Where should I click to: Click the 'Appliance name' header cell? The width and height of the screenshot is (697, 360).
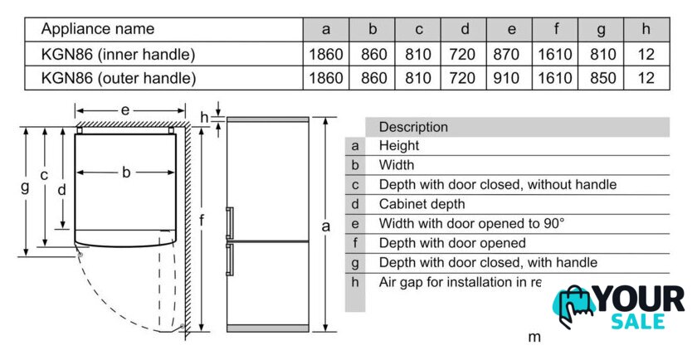98,29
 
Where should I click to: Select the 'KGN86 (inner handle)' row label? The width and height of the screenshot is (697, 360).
119,55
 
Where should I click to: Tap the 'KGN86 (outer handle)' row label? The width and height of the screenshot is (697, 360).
119,79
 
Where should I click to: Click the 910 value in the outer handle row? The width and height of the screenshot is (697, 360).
511,79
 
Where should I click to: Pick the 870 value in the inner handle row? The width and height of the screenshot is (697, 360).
511,55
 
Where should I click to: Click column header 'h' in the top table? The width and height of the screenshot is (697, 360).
646,29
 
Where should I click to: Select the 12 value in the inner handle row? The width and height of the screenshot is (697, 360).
647,55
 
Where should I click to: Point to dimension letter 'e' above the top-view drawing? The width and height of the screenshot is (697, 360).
124,109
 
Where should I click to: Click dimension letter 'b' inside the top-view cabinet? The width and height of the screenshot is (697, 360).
126,173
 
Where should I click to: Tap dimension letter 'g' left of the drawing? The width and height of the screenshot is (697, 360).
25,187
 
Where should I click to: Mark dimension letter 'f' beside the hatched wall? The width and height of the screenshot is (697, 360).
202,220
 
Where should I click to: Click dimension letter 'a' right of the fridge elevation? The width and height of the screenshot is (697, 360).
326,226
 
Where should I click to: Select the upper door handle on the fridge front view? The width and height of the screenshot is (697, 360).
230,224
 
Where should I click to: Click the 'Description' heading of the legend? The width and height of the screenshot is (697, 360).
413,127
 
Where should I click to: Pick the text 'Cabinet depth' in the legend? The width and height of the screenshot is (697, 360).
422,204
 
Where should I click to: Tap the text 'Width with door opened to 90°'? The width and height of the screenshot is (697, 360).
471,223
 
